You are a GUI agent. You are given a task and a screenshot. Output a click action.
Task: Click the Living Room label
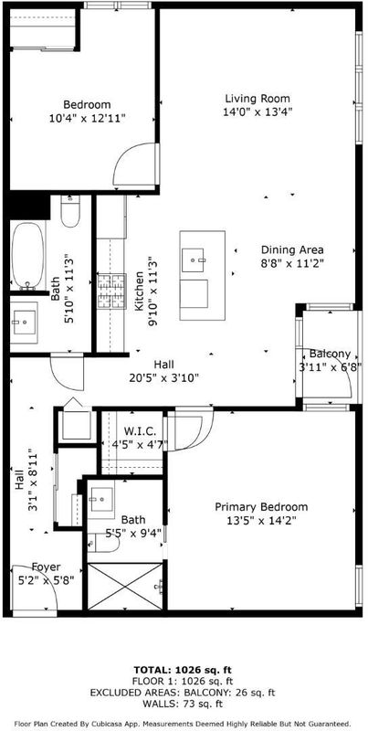258,99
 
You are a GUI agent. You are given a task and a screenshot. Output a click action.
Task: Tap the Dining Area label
292,249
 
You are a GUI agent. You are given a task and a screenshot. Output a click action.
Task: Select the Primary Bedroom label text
261,507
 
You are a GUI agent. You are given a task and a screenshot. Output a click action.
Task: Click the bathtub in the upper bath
28,256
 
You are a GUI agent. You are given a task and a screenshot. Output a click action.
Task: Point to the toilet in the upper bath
70,211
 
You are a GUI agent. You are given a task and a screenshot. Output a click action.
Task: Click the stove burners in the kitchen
111,291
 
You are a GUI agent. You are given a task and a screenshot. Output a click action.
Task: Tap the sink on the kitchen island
194,260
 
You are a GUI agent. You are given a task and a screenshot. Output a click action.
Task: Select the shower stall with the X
125,587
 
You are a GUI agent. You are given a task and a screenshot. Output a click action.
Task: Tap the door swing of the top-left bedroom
135,164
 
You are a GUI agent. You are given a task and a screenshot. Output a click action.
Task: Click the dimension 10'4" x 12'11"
88,118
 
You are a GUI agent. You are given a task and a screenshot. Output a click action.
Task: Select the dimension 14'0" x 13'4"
258,111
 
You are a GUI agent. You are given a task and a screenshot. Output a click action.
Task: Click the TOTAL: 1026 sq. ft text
184,671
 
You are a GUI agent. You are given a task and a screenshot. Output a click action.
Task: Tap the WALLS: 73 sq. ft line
184,704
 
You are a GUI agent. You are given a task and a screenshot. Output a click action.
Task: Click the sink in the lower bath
101,500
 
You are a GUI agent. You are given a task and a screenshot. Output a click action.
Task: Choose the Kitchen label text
139,291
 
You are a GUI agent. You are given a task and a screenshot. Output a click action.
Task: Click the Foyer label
46,567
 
